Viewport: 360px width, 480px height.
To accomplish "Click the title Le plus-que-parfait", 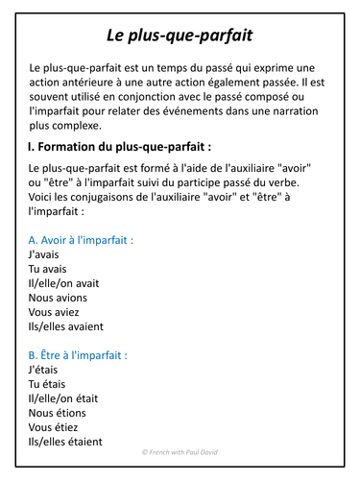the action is [180, 36].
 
